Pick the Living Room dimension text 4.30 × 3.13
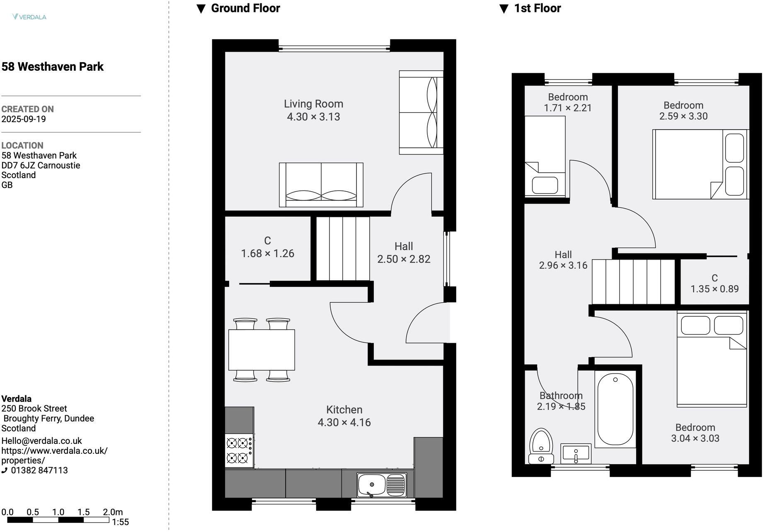(x=314, y=117)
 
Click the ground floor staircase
(x=343, y=250)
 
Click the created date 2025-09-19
(x=24, y=120)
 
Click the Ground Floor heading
(x=246, y=8)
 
